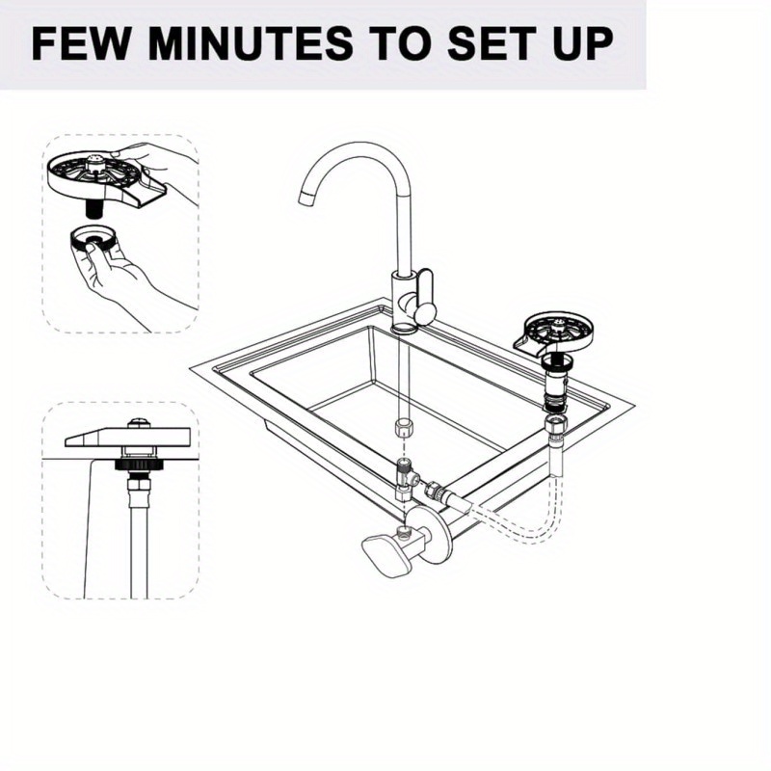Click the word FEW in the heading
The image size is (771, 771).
pyautogui.click(x=83, y=45)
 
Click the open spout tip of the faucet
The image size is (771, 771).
pyautogui.click(x=306, y=199)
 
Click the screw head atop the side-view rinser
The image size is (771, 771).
pyautogui.click(x=141, y=422)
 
